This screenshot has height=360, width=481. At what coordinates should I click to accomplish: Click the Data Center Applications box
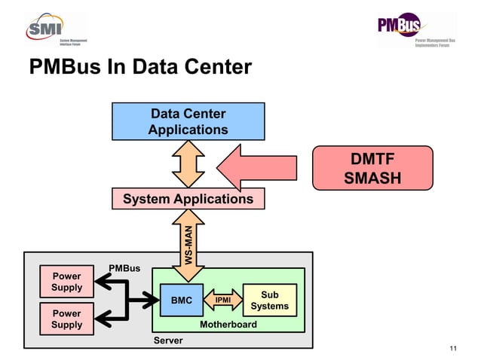[x=188, y=121]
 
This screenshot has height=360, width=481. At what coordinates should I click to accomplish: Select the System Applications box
[x=188, y=199]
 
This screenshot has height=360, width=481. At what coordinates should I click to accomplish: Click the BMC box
[x=181, y=301]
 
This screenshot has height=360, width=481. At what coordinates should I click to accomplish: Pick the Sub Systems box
[x=269, y=301]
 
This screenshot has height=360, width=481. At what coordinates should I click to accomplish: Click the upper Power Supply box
[x=66, y=282]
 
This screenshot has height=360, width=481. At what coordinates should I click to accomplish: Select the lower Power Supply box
[x=66, y=319]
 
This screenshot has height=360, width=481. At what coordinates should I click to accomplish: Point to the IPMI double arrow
[x=223, y=301]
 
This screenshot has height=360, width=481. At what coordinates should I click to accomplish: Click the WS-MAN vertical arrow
[x=188, y=242]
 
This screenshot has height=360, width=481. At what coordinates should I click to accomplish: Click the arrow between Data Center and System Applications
[x=188, y=163]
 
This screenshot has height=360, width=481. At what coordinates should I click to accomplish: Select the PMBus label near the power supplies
[x=124, y=268]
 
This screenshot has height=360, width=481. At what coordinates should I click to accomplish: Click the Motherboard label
[x=228, y=325]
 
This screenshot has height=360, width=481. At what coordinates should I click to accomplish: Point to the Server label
[x=168, y=341]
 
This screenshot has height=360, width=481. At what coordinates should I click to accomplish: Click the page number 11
[x=452, y=347]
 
